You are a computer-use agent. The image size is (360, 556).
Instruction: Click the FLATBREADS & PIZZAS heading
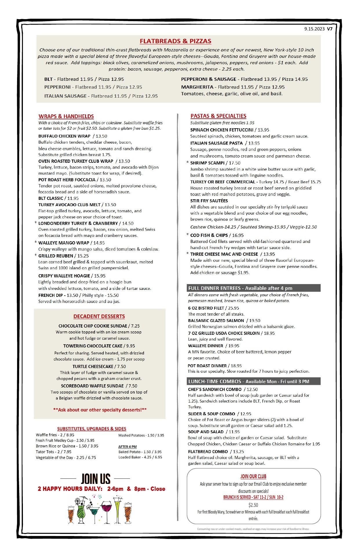click(176, 41)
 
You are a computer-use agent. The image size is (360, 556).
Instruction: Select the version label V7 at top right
click(330, 29)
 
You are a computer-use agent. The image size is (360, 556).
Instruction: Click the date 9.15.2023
click(315, 29)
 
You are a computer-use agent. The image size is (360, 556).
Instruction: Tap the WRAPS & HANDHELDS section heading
click(66, 116)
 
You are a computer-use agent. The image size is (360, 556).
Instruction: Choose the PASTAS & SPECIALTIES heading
click(218, 116)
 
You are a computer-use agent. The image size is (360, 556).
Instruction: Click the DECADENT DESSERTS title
click(99, 316)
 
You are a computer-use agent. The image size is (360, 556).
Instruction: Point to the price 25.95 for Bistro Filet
click(233, 308)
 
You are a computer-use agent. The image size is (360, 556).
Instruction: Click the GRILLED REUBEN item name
click(56, 256)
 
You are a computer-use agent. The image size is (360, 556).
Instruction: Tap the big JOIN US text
click(96, 479)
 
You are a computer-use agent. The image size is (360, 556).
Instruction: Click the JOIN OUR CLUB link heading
click(253, 476)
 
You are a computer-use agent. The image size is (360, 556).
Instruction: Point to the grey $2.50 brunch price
click(253, 505)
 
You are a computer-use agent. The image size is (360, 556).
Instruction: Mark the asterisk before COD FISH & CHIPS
click(187, 235)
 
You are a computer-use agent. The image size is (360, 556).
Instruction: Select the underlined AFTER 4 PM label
click(127, 447)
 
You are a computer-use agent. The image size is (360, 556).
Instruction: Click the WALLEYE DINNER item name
click(206, 345)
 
